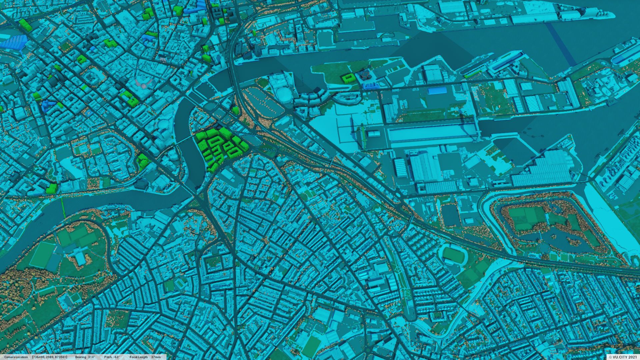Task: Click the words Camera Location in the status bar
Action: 16,357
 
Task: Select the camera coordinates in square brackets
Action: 50,357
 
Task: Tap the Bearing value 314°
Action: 91,357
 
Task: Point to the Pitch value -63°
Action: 116,357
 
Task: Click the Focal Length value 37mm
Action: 156,357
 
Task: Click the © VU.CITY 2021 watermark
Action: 623,357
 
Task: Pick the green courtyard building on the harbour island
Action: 349,78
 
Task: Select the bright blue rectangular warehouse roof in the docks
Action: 437,91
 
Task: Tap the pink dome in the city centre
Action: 143,86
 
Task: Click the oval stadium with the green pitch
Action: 454,254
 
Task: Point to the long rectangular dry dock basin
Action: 433,133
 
